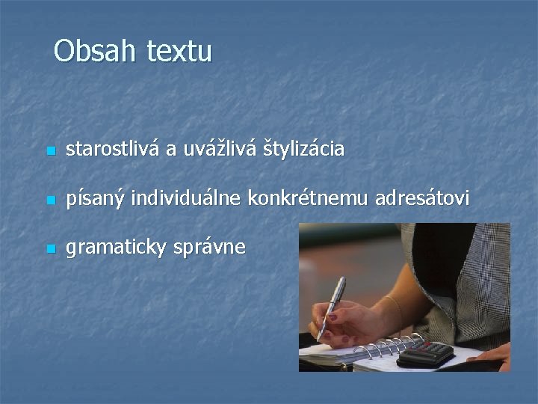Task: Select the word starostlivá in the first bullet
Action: tap(112, 150)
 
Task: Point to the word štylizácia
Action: tap(303, 151)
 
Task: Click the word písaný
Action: tap(96, 200)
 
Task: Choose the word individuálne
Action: tap(187, 198)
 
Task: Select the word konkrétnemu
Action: tap(303, 198)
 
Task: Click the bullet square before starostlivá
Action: tap(49, 152)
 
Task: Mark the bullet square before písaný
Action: tap(49, 201)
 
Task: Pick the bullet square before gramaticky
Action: tap(49, 249)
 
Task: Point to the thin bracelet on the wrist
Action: tap(396, 310)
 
